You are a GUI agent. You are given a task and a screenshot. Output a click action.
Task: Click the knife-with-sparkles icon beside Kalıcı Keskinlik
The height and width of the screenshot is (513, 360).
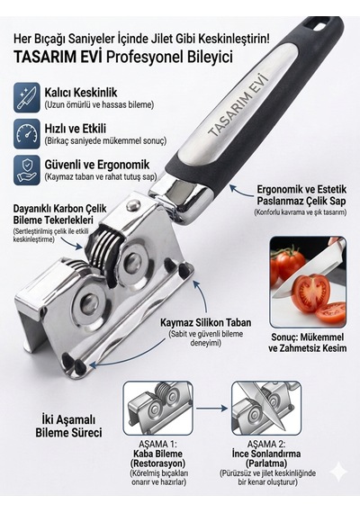click(27, 98)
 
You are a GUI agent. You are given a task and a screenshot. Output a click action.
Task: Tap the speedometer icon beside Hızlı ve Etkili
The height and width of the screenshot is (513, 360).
click(27, 134)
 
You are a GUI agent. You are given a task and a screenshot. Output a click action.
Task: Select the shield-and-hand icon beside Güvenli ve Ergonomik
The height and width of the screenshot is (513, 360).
click(27, 170)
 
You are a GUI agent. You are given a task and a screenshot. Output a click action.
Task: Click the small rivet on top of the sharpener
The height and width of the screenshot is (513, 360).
click(133, 206)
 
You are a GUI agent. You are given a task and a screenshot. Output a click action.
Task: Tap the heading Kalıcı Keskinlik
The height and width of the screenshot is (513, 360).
click(81, 93)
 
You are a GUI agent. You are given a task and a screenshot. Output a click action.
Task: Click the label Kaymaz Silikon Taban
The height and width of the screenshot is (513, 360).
click(205, 322)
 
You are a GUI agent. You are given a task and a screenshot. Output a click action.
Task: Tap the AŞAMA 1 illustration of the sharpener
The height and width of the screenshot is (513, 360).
click(157, 408)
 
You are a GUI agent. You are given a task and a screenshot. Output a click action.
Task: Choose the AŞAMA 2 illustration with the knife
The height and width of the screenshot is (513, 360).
click(266, 408)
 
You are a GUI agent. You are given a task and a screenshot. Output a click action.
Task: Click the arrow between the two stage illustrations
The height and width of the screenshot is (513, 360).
click(212, 408)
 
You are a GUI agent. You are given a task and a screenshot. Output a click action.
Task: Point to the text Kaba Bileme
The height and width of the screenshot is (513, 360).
click(157, 454)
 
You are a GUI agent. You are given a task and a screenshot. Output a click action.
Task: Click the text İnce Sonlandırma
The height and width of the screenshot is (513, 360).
click(266, 454)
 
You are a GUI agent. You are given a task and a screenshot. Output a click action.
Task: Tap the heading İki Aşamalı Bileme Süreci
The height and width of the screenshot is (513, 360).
click(68, 426)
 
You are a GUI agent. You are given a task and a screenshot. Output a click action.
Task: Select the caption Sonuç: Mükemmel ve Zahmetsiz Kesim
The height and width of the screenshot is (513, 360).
click(307, 342)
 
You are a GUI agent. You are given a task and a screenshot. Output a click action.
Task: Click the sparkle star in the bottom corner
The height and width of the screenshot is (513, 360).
click(338, 472)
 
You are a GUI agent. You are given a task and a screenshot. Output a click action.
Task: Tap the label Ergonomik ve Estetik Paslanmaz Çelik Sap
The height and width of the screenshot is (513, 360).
click(301, 195)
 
